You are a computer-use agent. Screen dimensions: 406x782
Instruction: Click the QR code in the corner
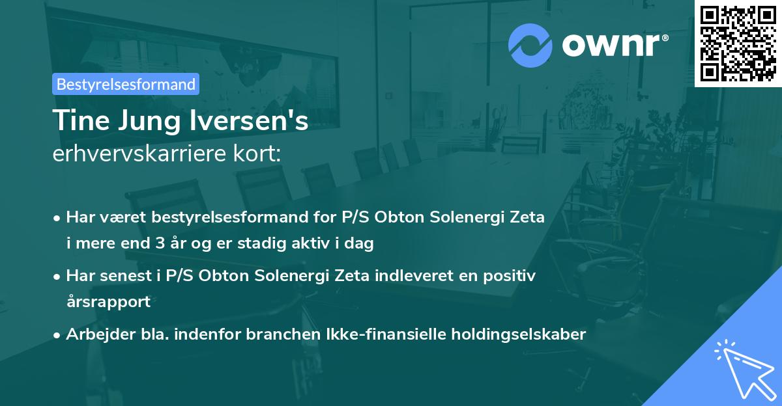(738, 43)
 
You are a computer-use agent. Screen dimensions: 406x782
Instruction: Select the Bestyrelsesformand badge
(126, 84)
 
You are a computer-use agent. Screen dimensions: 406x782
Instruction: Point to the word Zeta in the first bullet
(525, 217)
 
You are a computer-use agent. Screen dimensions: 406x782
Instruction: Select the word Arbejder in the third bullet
(94, 334)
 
